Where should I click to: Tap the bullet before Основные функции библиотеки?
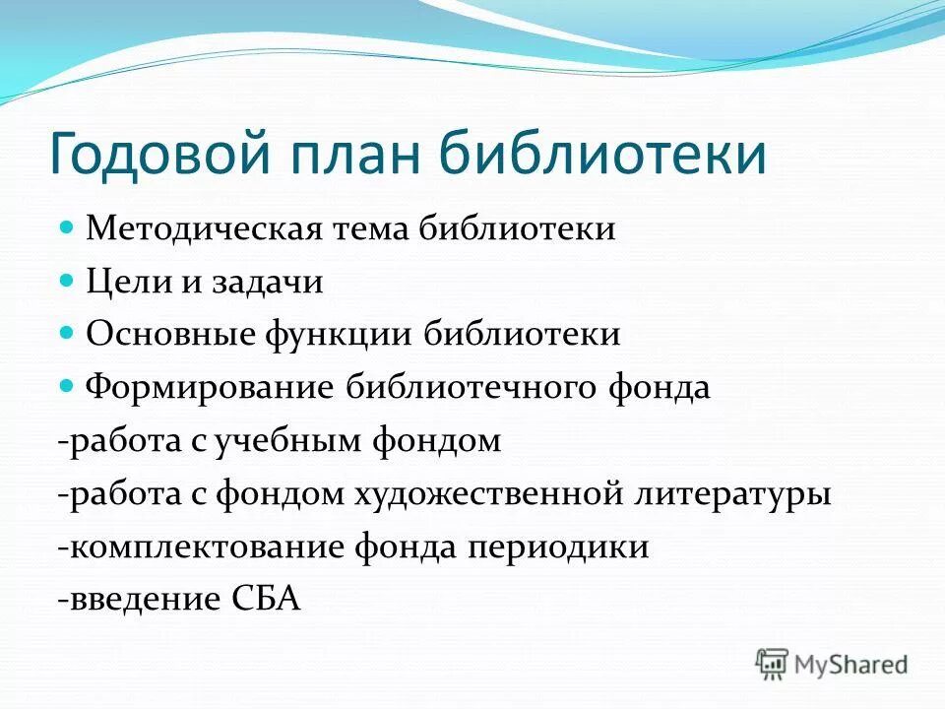68,334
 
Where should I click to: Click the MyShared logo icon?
773,665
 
